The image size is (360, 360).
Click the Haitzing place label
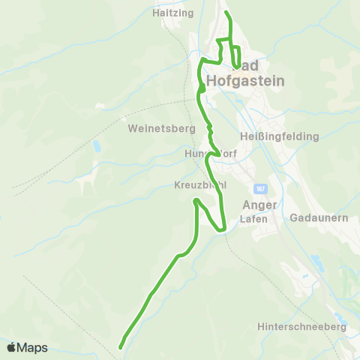point(172,13)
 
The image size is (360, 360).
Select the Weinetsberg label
point(161,128)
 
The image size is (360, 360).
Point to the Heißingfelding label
point(280,136)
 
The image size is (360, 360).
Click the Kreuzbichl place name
point(199,184)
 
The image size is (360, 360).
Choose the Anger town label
point(260,205)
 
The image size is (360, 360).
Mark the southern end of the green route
point(121,346)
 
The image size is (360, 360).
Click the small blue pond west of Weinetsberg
point(96,147)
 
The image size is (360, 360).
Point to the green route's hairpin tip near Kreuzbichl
point(196,200)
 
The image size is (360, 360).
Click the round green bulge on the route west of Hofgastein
point(202,89)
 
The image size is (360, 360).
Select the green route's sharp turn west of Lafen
point(223,229)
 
